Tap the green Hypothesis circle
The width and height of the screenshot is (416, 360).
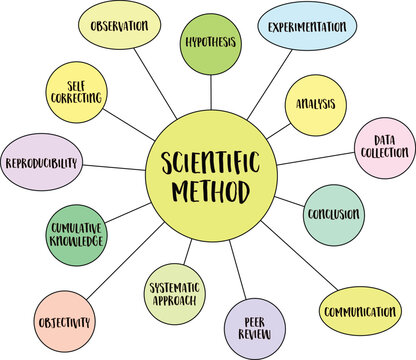209,44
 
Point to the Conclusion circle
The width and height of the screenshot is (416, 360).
332,214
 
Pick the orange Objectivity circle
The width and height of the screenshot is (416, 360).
65,322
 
